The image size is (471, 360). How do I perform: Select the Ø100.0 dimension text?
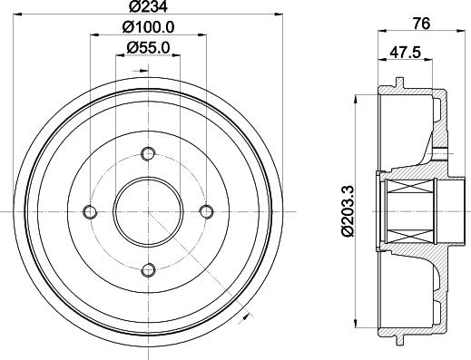click(148, 27)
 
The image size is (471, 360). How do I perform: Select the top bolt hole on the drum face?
click(148, 153)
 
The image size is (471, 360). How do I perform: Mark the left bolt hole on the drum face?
click(90, 211)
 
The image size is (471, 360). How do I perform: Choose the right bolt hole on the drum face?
click(206, 211)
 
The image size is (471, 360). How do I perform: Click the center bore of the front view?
click(148, 211)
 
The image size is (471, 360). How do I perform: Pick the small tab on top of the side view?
click(399, 84)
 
